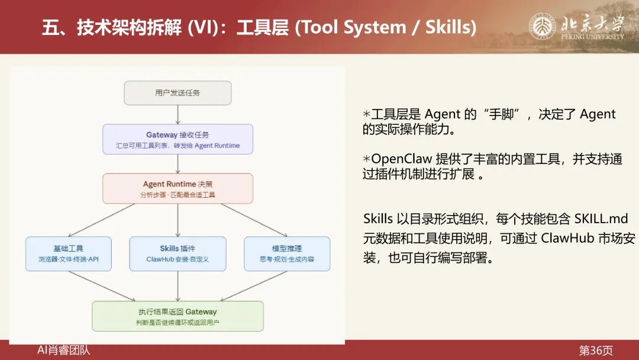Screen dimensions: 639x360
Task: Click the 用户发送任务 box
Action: coord(177,93)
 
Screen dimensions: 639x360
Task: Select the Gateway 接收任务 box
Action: coord(177,139)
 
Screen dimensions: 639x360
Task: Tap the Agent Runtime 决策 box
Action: coord(177,188)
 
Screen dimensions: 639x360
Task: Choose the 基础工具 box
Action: coord(69,253)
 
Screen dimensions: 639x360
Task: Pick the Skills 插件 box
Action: coord(177,253)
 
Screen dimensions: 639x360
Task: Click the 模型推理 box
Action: coord(287,253)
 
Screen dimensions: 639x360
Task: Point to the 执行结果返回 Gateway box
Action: coord(177,316)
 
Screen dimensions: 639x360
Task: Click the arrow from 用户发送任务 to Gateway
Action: coord(177,114)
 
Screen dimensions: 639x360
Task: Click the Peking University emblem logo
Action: coord(541,27)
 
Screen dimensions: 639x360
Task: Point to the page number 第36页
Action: coord(596,351)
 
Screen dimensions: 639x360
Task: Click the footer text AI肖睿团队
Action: coord(64,351)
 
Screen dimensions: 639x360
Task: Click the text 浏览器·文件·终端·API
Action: coord(69,259)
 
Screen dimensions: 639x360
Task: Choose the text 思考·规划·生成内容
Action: coord(287,259)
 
